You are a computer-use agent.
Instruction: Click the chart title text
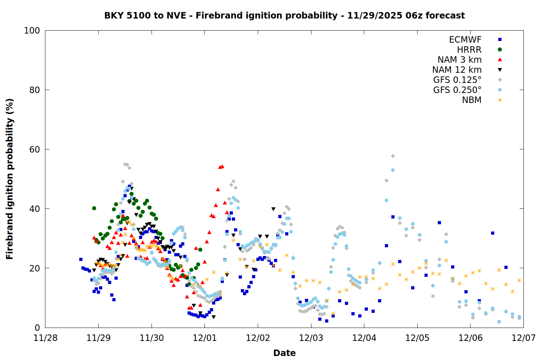(284, 15)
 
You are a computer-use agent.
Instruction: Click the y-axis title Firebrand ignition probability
(10, 179)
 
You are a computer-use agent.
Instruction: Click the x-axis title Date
(284, 353)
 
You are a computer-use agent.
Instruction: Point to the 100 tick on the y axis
(32, 31)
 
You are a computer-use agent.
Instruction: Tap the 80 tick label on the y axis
(35, 90)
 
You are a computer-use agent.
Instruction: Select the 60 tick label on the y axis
(35, 149)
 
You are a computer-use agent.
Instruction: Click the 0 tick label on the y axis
(37, 328)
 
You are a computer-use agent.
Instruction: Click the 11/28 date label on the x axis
(45, 338)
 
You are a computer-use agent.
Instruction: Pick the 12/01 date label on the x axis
(205, 338)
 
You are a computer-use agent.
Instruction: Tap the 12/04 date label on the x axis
(364, 338)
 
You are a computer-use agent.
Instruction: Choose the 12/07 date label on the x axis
(524, 338)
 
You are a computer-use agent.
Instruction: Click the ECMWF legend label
(465, 40)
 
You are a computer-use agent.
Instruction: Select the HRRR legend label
(469, 50)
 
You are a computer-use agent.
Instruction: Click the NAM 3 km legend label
(459, 60)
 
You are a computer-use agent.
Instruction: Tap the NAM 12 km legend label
(457, 70)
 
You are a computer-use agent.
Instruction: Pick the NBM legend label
(472, 100)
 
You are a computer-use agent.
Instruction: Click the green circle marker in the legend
(500, 50)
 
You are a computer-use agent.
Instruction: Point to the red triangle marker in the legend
(500, 60)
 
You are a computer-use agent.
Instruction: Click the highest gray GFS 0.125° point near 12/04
(393, 156)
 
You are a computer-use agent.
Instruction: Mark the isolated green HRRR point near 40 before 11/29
(94, 208)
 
